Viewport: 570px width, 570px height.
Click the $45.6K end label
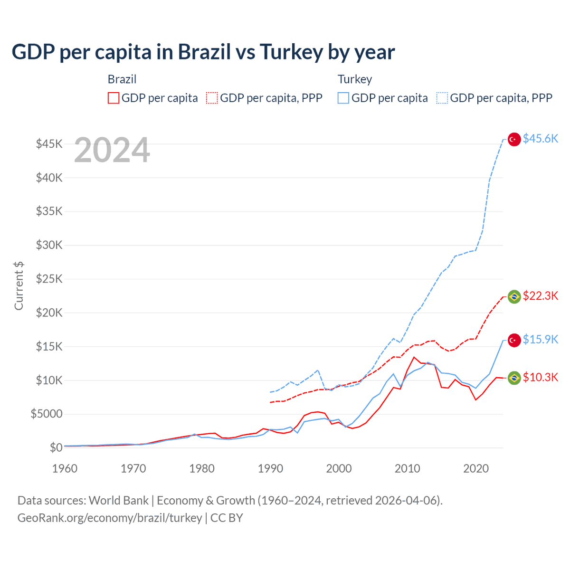[x=540, y=138]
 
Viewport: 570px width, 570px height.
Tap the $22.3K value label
[x=540, y=295]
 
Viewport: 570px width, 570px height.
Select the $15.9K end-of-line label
[x=540, y=339]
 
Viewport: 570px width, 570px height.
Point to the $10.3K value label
[x=540, y=377]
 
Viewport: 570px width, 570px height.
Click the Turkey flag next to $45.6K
[x=514, y=139]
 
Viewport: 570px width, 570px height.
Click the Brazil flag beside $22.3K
[x=514, y=297]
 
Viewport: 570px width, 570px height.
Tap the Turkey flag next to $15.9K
[x=514, y=340]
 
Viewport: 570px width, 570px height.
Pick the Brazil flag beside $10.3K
[x=514, y=378]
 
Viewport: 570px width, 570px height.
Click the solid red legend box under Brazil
[x=114, y=98]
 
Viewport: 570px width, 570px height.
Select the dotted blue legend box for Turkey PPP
[x=442, y=98]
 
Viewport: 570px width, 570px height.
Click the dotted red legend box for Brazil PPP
[x=212, y=98]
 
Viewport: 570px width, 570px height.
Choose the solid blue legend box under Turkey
[x=343, y=98]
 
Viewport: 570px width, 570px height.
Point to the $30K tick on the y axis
[x=49, y=245]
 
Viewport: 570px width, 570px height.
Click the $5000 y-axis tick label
[x=47, y=414]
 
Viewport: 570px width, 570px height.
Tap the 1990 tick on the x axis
[x=270, y=468]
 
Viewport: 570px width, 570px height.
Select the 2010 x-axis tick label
[x=407, y=468]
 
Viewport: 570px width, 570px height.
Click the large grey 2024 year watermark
[x=112, y=150]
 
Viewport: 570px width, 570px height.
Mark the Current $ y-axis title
[x=19, y=286]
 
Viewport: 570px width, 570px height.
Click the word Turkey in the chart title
[x=292, y=52]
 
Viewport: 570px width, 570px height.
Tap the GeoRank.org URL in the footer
[x=110, y=518]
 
